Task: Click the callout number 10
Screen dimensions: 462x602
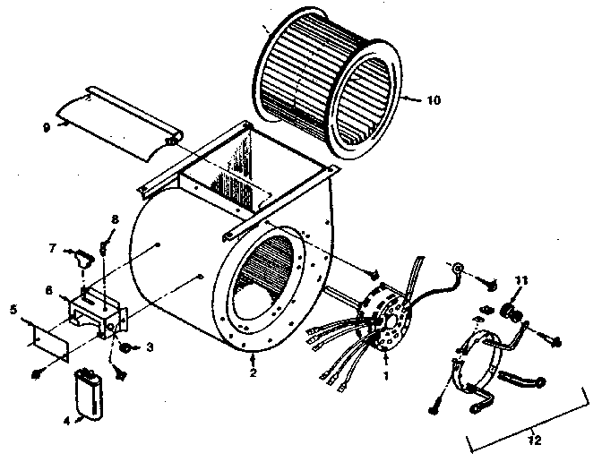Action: (433, 101)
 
